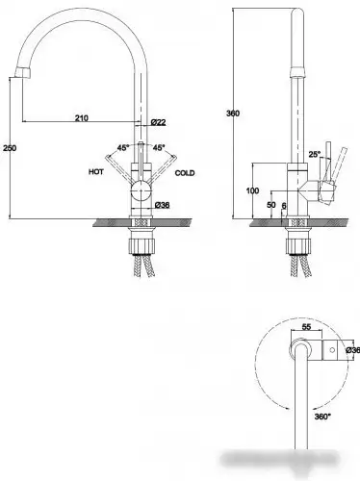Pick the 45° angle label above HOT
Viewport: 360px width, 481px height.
[123, 148]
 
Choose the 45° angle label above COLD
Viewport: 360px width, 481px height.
[159, 148]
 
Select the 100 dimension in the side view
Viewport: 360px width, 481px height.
[253, 191]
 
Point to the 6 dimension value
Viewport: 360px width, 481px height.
[284, 206]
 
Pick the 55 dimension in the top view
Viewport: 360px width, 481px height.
[306, 328]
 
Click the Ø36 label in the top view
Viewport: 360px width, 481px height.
[352, 351]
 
